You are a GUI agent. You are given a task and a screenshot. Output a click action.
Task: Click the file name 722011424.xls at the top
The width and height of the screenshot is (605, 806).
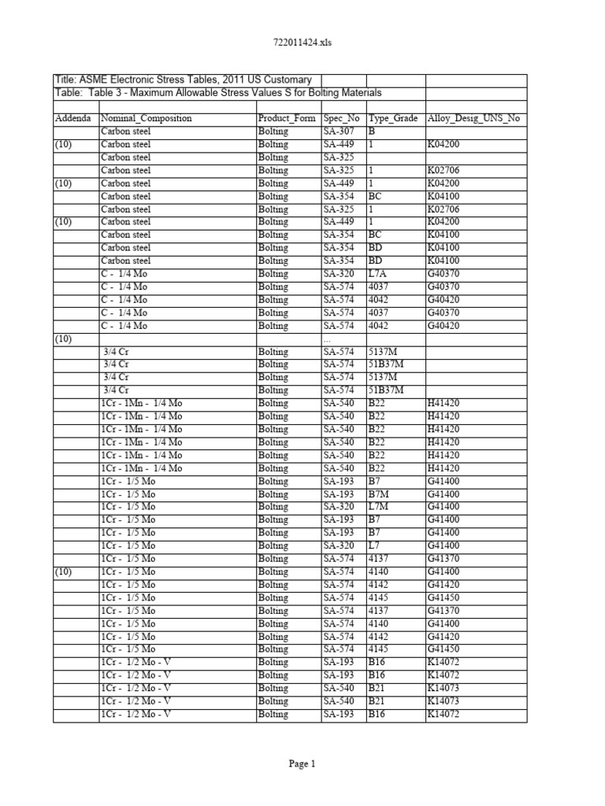[x=302, y=43]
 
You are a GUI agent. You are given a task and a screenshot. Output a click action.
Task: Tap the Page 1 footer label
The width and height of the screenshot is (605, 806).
[x=302, y=763]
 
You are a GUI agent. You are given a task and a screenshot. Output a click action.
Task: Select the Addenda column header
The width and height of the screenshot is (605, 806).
[x=72, y=119]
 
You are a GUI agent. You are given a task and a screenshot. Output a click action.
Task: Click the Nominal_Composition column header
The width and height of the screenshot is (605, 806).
[x=147, y=119]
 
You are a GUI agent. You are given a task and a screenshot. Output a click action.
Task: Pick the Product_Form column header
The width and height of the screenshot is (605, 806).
[x=287, y=119]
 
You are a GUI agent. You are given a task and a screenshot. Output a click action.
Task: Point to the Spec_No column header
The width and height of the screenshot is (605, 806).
[x=342, y=119]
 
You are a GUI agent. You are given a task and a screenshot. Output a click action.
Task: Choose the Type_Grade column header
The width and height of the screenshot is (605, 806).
[x=394, y=119]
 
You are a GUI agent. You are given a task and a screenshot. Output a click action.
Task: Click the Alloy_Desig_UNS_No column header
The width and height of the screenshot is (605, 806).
[x=473, y=119]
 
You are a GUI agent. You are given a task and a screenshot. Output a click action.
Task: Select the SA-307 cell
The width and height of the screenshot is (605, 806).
[x=339, y=131]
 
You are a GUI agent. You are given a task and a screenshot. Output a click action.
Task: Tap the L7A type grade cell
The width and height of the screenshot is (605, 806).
[x=377, y=274]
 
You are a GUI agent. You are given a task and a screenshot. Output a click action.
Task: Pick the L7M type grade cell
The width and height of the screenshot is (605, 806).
[x=379, y=507]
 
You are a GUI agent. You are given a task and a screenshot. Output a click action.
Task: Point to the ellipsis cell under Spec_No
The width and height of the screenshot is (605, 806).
[x=327, y=338]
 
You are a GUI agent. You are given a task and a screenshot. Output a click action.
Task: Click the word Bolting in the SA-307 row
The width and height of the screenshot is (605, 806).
[x=273, y=131]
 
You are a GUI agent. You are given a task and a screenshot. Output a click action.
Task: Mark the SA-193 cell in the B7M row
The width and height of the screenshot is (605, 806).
[x=339, y=494]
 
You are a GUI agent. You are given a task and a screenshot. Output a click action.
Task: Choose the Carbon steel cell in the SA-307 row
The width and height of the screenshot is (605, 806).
[x=125, y=131]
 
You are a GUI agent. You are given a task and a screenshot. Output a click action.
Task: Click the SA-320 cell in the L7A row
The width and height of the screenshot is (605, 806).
[x=339, y=274]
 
